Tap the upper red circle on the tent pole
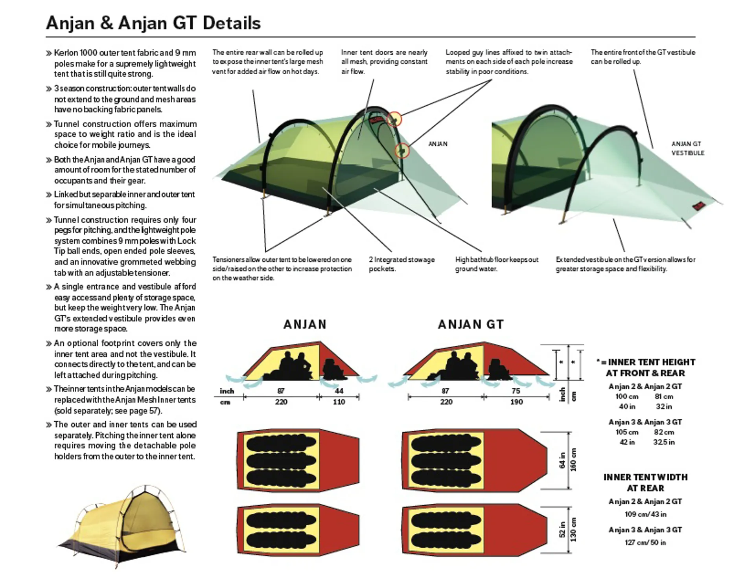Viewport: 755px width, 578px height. point(394,119)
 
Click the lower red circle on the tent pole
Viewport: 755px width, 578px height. point(402,150)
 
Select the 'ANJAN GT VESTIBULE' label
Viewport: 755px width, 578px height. point(687,149)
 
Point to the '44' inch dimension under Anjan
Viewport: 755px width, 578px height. point(339,391)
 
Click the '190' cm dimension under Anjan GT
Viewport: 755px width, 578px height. point(516,402)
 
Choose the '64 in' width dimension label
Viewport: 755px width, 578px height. point(562,460)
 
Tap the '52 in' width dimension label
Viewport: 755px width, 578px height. point(562,529)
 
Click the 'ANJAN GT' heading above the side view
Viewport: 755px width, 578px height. point(471,325)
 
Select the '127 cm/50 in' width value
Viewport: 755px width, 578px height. point(645,543)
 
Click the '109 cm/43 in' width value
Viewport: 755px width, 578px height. point(645,514)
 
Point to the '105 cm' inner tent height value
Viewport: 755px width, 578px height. point(627,432)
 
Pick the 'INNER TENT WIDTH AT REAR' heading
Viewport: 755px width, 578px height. point(646,483)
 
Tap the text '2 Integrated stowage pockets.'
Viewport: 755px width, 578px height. point(402,264)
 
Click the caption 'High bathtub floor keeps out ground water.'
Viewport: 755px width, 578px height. point(497,264)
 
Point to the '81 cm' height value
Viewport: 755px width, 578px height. point(664,396)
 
